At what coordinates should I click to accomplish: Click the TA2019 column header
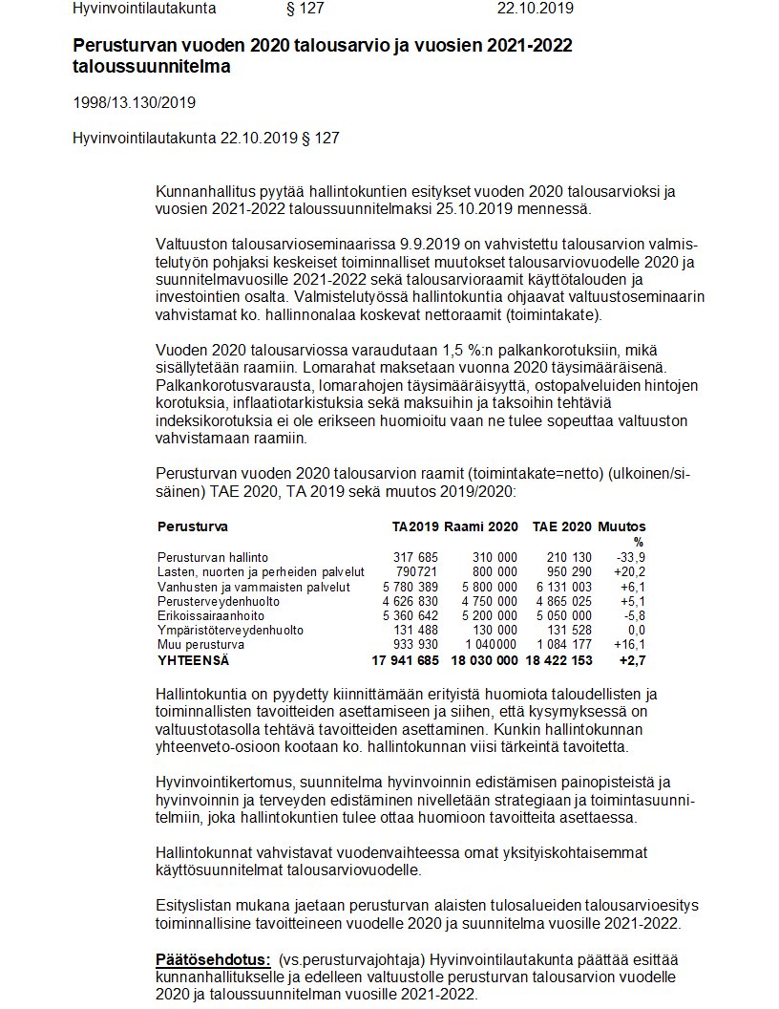pos(415,526)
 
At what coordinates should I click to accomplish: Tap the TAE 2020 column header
pos(561,526)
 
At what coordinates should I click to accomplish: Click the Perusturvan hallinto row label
pos(213,557)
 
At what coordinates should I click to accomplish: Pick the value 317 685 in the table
pos(415,557)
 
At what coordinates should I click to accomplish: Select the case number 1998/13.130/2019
pos(135,102)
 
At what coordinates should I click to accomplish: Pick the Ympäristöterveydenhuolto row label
pos(230,630)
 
